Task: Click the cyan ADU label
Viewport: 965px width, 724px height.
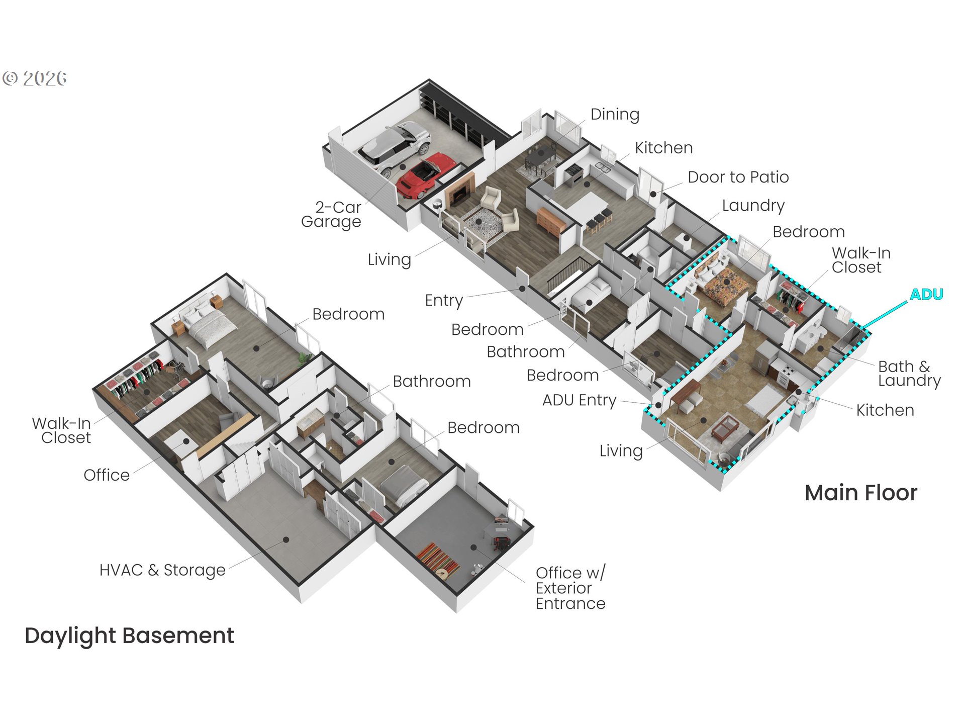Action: click(x=926, y=294)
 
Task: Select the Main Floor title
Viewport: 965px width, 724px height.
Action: click(x=861, y=493)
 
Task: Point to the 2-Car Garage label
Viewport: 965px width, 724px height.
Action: click(x=331, y=215)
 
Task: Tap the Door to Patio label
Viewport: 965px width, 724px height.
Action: click(x=738, y=177)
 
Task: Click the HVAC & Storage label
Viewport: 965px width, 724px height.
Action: click(x=162, y=570)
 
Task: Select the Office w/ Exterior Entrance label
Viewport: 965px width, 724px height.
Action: click(x=570, y=588)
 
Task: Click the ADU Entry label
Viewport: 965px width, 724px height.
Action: click(x=579, y=400)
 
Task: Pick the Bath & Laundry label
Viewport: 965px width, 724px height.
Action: click(x=909, y=374)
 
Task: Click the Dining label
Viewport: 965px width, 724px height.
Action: click(x=615, y=115)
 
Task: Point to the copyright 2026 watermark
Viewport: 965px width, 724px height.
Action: click(x=34, y=78)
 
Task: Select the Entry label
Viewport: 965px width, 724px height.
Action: click(x=444, y=301)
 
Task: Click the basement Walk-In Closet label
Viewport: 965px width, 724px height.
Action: click(x=61, y=430)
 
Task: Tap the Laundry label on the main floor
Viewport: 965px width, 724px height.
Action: click(x=753, y=206)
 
